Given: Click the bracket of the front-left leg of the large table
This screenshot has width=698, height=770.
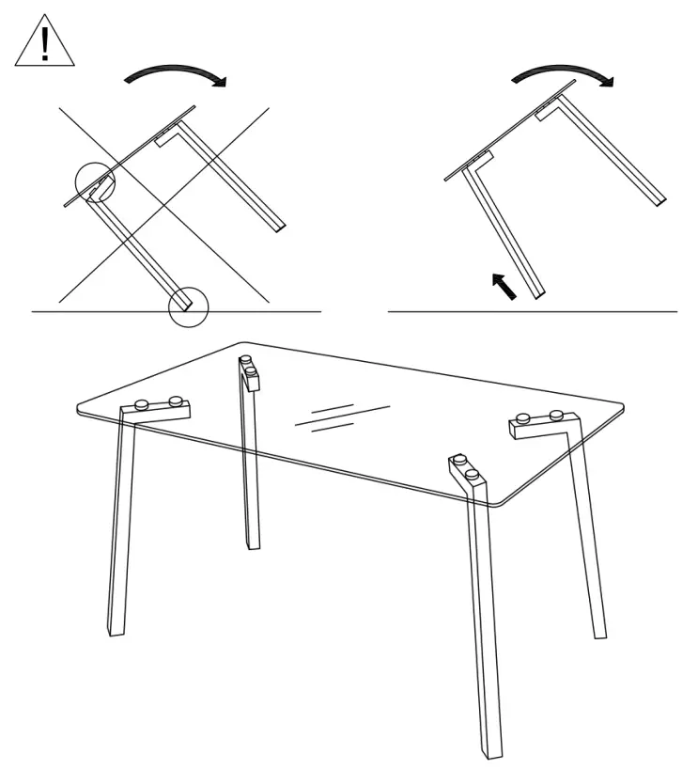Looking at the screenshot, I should [x=157, y=409].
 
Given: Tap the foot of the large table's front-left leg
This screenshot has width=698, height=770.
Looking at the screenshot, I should [x=116, y=629].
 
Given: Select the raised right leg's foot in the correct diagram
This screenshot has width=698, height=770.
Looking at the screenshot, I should [x=661, y=200].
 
